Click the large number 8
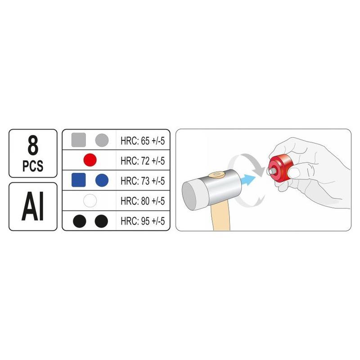33,145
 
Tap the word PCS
33,166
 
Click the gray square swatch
78,140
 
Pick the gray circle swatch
102,140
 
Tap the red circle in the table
90,160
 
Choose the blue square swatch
78,180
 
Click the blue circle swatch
102,180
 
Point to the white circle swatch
90,200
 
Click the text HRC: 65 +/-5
143,141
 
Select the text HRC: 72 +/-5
143,161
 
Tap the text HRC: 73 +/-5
143,181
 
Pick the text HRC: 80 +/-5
143,201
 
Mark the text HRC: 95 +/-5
143,221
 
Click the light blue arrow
248,180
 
